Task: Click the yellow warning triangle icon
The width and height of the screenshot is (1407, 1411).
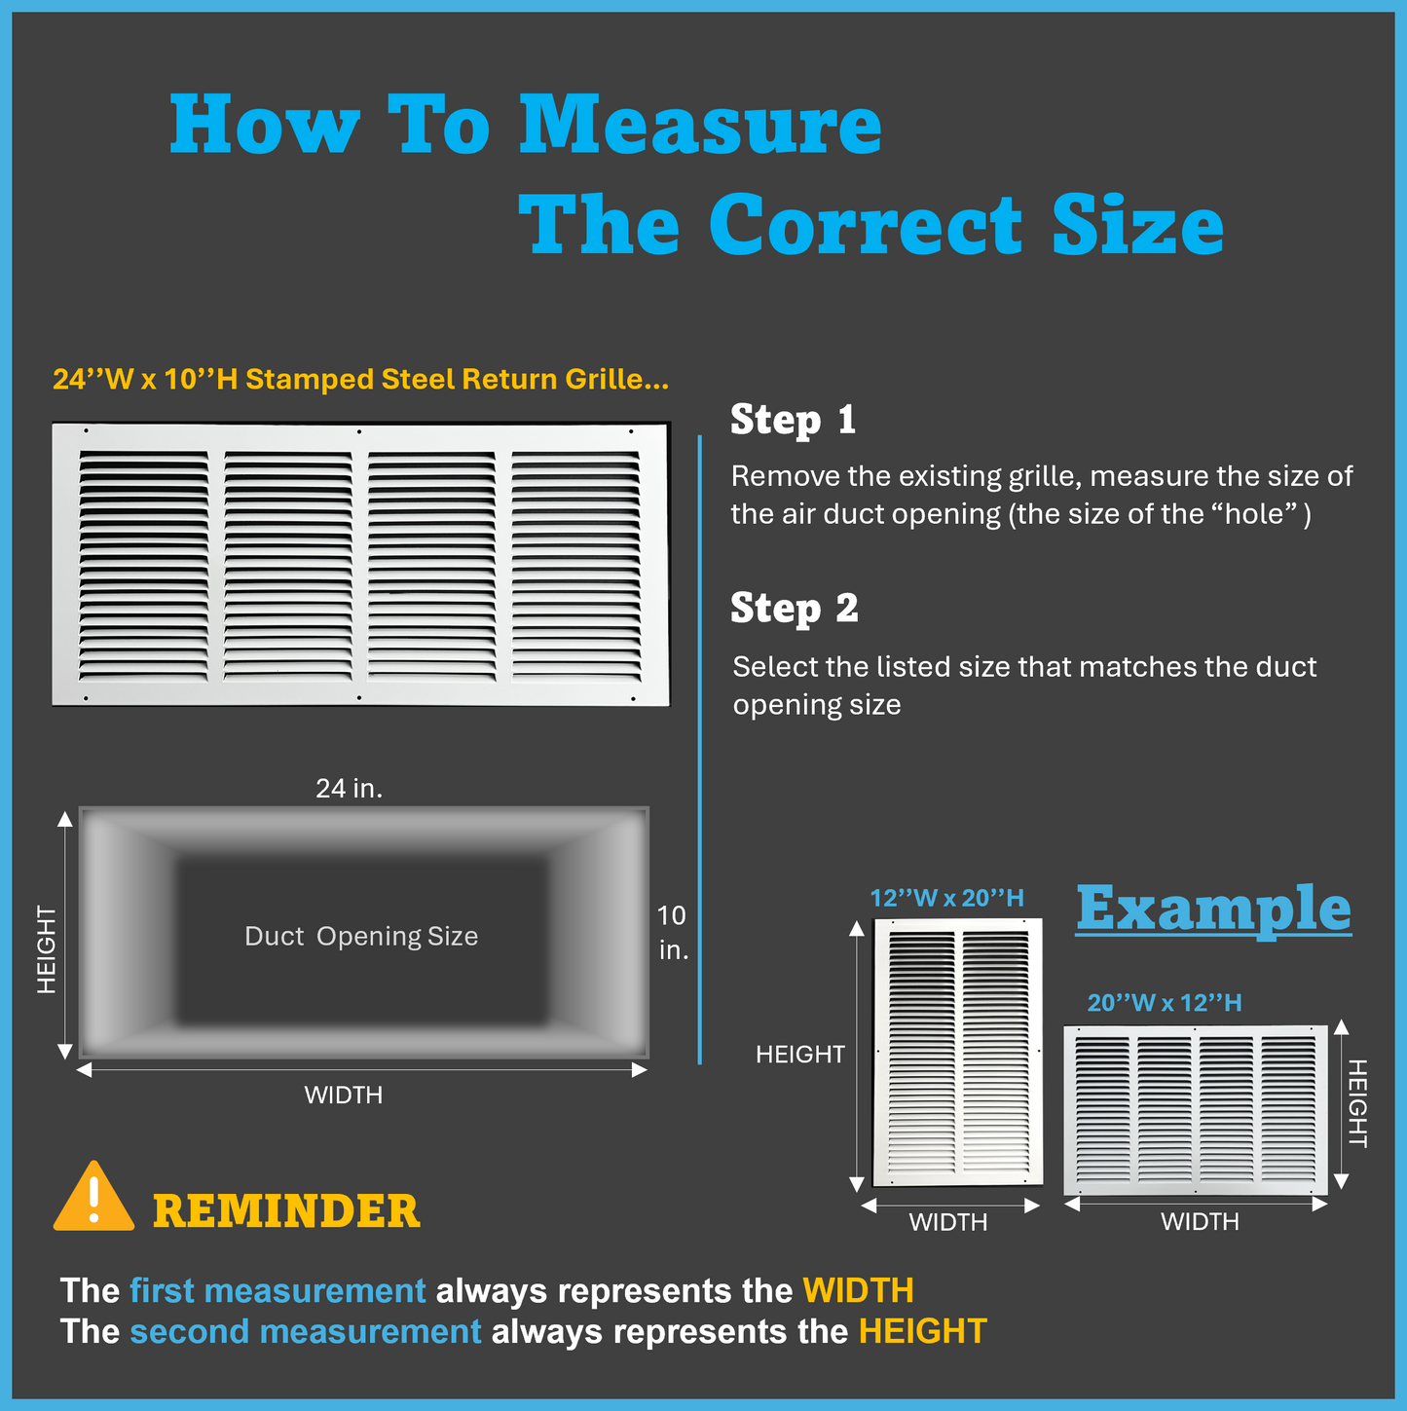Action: pyautogui.click(x=93, y=1199)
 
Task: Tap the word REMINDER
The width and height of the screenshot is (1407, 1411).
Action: pyautogui.click(x=286, y=1211)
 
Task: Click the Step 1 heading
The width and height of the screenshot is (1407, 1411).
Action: pyautogui.click(x=793, y=420)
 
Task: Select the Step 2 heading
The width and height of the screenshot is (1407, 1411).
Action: pyautogui.click(x=794, y=609)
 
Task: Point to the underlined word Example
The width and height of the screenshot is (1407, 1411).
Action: pyautogui.click(x=1213, y=909)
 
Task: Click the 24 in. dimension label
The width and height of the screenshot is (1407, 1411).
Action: pyautogui.click(x=349, y=789)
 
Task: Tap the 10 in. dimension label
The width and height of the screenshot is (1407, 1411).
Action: pyautogui.click(x=672, y=932)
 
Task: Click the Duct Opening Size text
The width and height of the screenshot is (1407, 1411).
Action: pyautogui.click(x=361, y=936)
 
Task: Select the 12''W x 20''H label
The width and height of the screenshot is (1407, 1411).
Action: pyautogui.click(x=946, y=898)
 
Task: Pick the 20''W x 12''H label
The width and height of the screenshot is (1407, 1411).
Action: pyautogui.click(x=1164, y=1003)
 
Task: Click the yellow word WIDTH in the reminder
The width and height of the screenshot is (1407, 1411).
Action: pyautogui.click(x=858, y=1290)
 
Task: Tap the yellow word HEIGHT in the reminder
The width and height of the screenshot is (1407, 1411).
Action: pyautogui.click(x=922, y=1331)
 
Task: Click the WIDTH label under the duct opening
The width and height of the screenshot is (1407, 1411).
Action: pyautogui.click(x=343, y=1095)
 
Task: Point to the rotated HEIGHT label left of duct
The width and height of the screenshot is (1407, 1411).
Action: pyautogui.click(x=46, y=949)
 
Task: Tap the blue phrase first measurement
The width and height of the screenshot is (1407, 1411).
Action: pyautogui.click(x=278, y=1290)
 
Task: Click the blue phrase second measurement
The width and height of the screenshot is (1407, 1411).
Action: pyautogui.click(x=305, y=1331)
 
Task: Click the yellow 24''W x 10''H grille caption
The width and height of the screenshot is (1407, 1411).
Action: pyautogui.click(x=360, y=379)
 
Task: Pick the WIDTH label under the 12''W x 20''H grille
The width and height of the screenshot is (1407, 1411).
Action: pyautogui.click(x=947, y=1222)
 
